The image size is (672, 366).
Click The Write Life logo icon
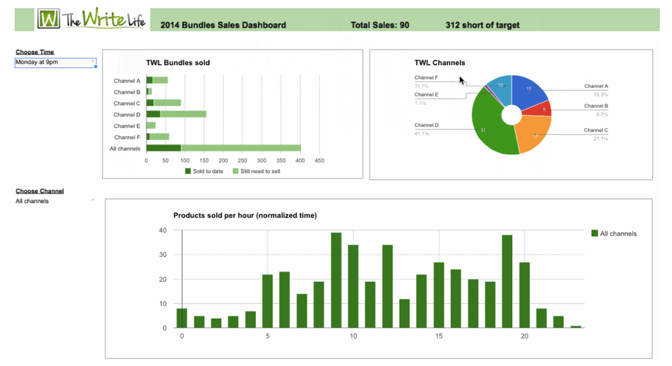pyautogui.click(x=48, y=19)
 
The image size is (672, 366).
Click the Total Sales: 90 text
pyautogui.click(x=380, y=26)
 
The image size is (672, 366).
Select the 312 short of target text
pyautogui.click(x=482, y=26)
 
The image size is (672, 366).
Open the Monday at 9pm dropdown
pyautogui.click(x=56, y=62)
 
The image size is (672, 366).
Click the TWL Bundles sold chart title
pyautogui.click(x=177, y=63)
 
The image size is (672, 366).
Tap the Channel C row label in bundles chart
pyautogui.click(x=126, y=103)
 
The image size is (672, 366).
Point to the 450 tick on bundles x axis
pyautogui.click(x=319, y=161)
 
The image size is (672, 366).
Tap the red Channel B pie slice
pyautogui.click(x=542, y=108)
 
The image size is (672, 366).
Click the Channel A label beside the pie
pyautogui.click(x=595, y=86)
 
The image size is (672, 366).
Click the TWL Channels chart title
pyautogui.click(x=439, y=63)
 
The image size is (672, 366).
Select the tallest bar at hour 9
pyautogui.click(x=336, y=280)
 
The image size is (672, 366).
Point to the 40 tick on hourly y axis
pyautogui.click(x=162, y=230)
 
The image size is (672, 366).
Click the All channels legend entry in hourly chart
pyautogui.click(x=614, y=233)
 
